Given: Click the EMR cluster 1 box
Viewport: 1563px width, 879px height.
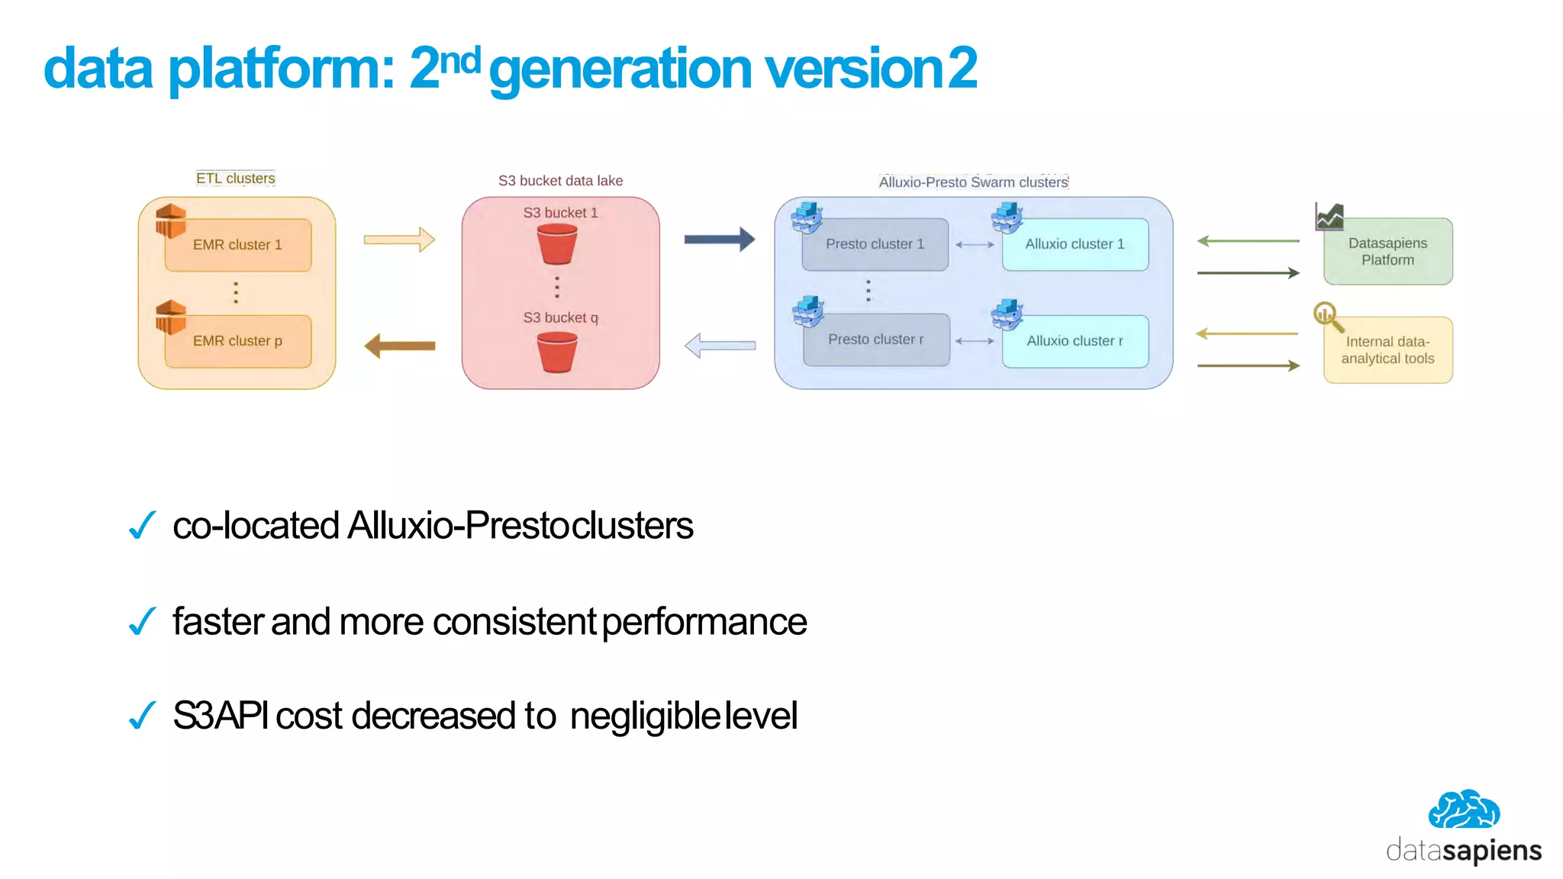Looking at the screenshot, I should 237,245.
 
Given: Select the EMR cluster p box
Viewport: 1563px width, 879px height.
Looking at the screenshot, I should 237,341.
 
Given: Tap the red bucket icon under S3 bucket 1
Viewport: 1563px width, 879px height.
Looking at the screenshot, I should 557,245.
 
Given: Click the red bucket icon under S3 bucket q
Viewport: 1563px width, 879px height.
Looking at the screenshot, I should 557,353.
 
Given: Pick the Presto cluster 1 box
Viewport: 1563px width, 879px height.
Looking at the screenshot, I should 875,245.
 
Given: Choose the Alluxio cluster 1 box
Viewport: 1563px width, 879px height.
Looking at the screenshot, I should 1075,245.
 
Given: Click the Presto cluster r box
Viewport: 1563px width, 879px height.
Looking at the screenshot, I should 876,340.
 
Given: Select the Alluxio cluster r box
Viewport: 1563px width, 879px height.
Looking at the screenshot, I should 1075,341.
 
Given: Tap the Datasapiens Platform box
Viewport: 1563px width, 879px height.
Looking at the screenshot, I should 1387,252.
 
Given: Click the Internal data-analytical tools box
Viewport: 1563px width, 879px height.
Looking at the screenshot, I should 1387,350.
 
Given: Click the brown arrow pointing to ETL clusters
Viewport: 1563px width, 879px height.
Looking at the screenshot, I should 400,346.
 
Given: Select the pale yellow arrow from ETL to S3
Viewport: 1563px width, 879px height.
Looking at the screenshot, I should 399,240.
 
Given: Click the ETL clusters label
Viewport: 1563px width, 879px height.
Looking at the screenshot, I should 235,179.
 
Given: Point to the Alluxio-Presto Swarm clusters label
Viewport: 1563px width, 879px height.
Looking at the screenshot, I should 973,182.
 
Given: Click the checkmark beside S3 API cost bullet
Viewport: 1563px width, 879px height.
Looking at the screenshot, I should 143,716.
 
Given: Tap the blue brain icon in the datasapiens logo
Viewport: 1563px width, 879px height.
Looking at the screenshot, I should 1464,810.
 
